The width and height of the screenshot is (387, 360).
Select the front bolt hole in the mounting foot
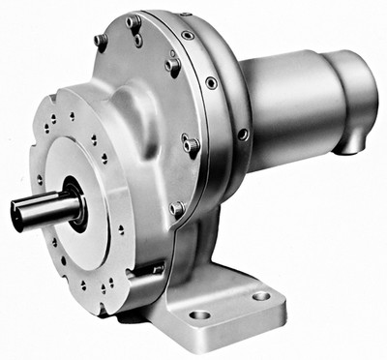[x=198, y=315]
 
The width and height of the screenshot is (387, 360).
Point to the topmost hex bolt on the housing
[x=134, y=21]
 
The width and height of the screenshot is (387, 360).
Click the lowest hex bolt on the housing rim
[x=177, y=208]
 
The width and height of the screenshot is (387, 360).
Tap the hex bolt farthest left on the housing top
[x=100, y=41]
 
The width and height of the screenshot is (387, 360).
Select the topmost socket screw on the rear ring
[x=187, y=35]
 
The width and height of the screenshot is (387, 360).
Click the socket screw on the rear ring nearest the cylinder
[x=243, y=135]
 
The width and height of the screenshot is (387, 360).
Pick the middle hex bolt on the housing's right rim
[x=192, y=145]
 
